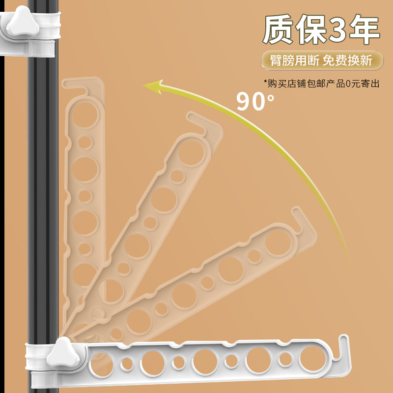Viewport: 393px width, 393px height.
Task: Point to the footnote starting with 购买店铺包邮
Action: point(322,84)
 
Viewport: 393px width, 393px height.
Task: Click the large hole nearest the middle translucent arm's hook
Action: point(191,153)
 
